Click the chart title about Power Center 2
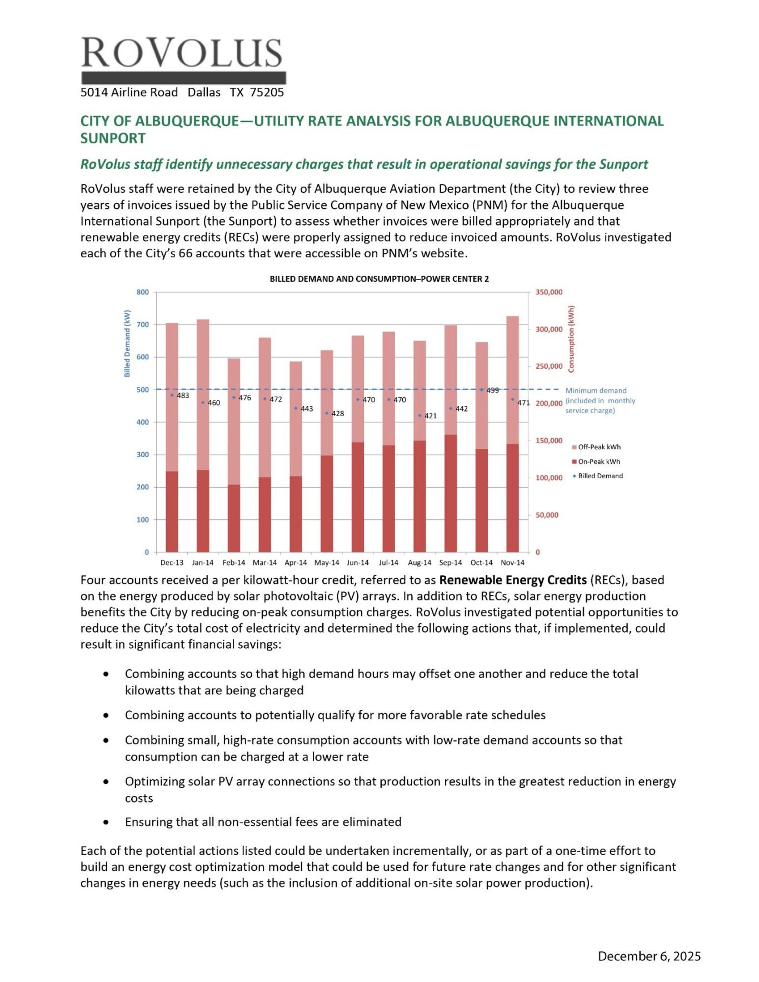(379, 279)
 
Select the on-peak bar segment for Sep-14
(451, 493)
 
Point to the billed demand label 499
(492, 390)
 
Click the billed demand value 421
(431, 415)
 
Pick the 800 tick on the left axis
(143, 292)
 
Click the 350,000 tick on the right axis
(549, 292)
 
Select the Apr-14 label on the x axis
(296, 563)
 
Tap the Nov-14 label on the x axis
(512, 563)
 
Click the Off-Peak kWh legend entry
(599, 447)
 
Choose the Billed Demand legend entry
(600, 476)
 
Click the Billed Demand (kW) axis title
(127, 343)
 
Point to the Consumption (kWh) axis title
(571, 339)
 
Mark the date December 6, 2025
(649, 956)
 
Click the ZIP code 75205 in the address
(267, 92)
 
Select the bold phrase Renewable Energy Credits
(513, 580)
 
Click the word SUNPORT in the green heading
(113, 138)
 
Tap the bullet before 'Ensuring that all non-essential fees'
(106, 822)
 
